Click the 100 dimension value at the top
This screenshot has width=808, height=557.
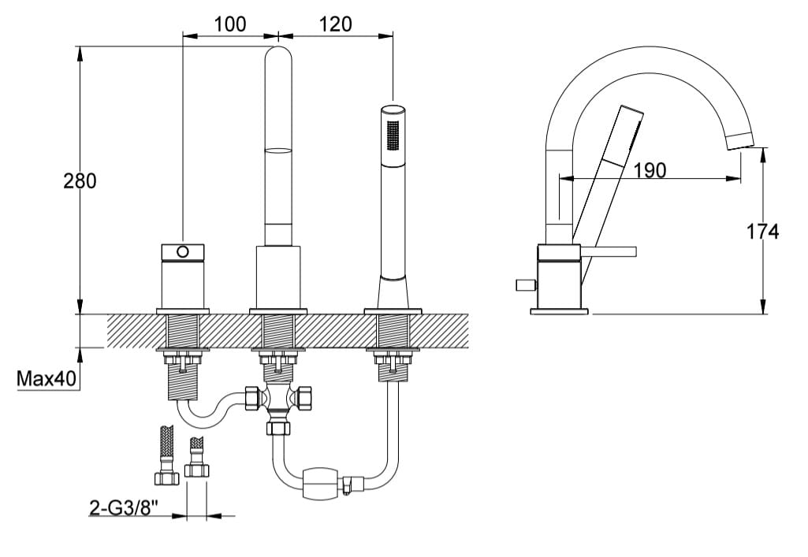click(x=230, y=24)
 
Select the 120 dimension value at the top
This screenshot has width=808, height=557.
click(x=335, y=24)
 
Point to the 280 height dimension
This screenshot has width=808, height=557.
click(x=80, y=180)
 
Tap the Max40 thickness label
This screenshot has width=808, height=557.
click(x=47, y=380)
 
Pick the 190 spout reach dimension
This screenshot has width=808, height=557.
click(x=650, y=169)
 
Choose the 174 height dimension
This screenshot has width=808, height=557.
click(x=762, y=231)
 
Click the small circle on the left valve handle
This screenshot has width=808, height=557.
click(x=183, y=251)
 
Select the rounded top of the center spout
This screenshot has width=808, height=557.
click(x=277, y=59)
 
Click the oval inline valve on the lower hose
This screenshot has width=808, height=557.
click(x=322, y=481)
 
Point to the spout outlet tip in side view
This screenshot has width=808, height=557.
click(x=739, y=143)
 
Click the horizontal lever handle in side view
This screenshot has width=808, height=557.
click(x=608, y=251)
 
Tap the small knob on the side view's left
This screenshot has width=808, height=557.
click(x=523, y=284)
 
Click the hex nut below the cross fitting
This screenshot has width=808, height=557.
click(x=278, y=428)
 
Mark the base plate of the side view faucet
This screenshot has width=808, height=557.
click(x=559, y=311)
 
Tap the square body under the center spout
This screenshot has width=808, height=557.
click(x=278, y=276)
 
